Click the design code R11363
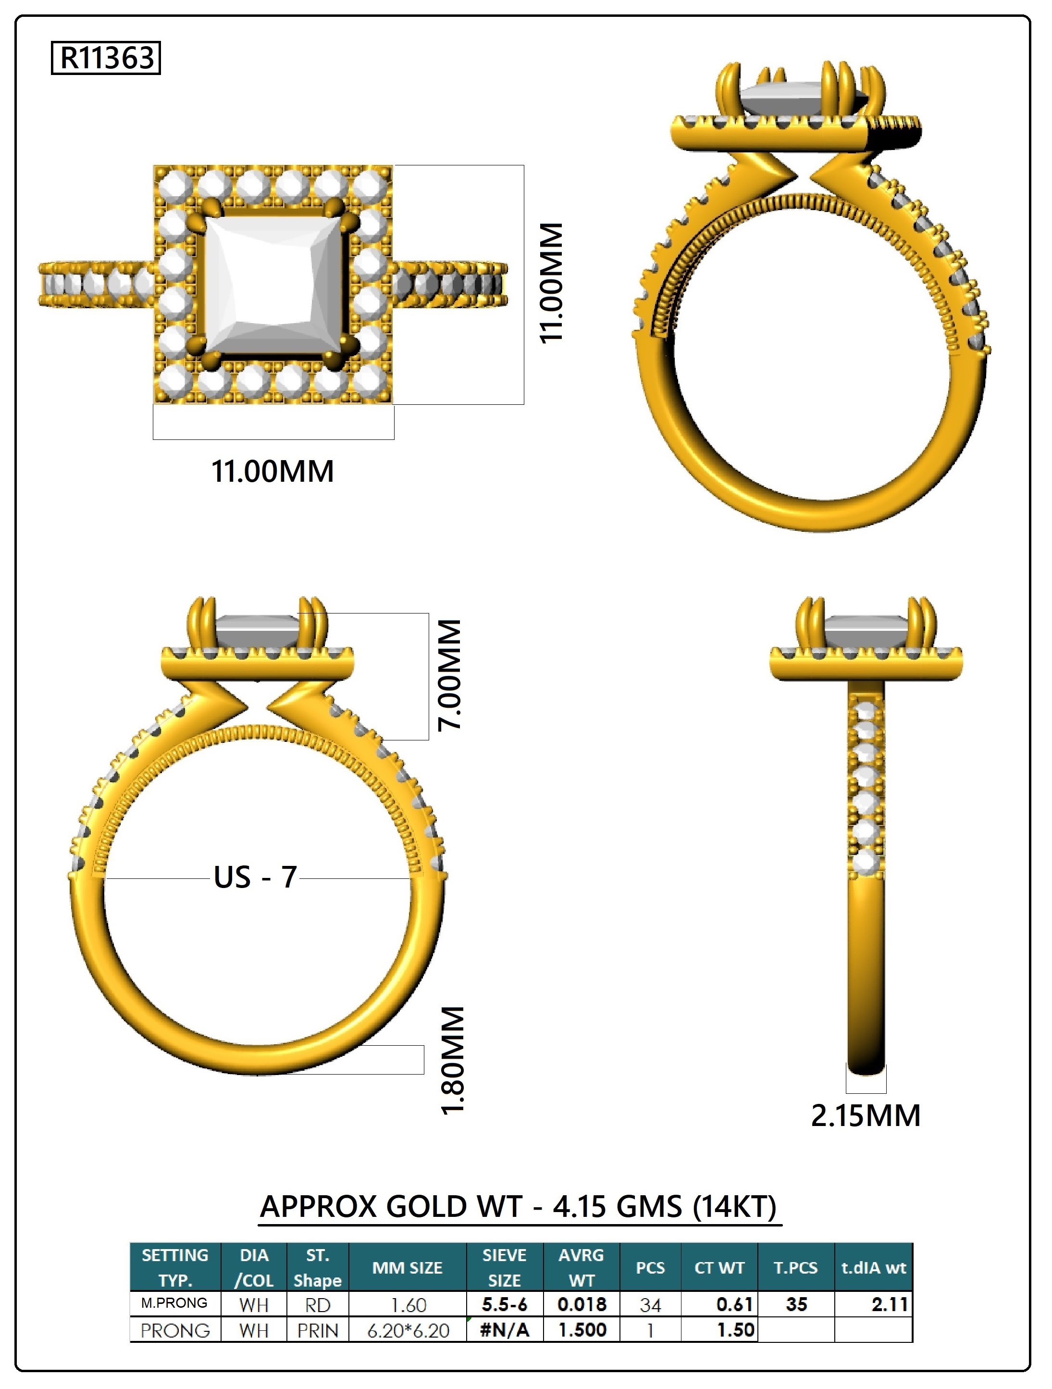[x=106, y=58]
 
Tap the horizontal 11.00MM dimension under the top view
[x=272, y=472]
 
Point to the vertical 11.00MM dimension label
[x=552, y=283]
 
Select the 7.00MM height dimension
[x=450, y=675]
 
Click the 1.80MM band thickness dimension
[x=453, y=1061]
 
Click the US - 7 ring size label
[x=255, y=877]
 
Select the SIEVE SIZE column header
[x=504, y=1267]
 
